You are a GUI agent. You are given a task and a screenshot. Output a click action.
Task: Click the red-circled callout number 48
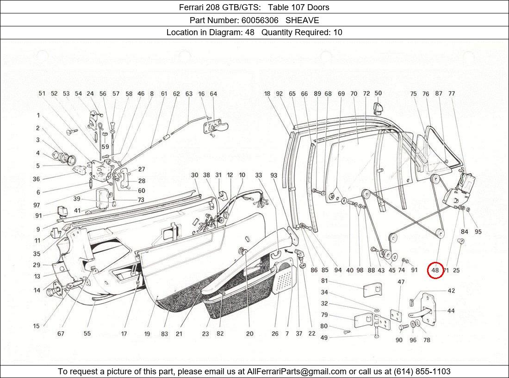tap(435, 270)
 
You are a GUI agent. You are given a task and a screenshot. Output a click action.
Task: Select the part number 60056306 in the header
tap(260, 20)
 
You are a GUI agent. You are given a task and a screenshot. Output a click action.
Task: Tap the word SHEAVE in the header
tap(302, 20)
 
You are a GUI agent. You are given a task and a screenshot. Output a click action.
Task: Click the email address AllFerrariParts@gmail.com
tap(297, 371)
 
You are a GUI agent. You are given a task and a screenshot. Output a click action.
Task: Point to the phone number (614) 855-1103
tap(422, 371)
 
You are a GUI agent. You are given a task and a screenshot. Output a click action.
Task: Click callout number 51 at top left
tap(42, 93)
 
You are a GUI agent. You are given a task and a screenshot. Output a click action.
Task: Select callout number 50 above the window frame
tap(378, 93)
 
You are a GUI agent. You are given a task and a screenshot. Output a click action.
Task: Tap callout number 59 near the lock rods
tap(106, 147)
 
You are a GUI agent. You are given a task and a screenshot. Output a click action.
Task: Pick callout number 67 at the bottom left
tap(61, 334)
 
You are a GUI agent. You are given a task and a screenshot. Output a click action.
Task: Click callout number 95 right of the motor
tap(478, 232)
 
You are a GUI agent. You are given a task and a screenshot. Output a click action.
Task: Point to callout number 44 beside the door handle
tap(450, 310)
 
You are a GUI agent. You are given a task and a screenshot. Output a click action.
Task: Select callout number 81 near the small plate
tap(324, 281)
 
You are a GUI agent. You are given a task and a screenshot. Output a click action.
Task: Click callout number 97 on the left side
tap(37, 205)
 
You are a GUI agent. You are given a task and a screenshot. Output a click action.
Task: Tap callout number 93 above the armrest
tap(274, 175)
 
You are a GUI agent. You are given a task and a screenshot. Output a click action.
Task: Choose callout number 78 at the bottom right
tap(426, 340)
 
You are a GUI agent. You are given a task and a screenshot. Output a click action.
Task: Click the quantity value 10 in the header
tap(337, 32)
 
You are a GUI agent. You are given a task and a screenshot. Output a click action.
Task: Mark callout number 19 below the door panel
tap(147, 334)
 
